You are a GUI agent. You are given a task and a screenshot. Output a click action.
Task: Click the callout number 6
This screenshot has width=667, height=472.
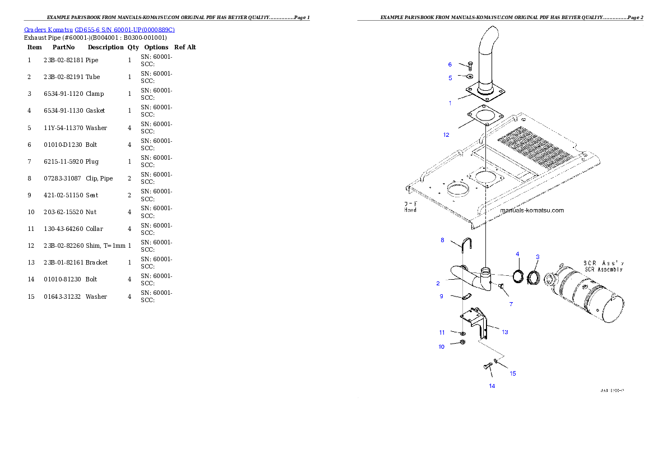pos(450,64)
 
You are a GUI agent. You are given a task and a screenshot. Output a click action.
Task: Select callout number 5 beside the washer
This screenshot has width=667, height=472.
pos(450,78)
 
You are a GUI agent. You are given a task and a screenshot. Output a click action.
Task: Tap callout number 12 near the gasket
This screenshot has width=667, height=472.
pos(446,135)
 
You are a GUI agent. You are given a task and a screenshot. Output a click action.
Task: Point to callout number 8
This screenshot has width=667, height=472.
pos(442,240)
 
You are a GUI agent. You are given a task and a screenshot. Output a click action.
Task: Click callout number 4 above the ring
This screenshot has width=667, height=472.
pos(517,254)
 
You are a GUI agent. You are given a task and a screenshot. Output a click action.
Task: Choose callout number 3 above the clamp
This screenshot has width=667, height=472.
pos(538,257)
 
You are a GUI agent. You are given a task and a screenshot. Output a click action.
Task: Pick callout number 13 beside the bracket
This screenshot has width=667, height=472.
pos(505,332)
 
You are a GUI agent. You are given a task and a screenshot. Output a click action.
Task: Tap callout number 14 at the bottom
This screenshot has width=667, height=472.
pos(492,386)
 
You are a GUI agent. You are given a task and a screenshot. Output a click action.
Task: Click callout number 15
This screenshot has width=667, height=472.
pos(512,373)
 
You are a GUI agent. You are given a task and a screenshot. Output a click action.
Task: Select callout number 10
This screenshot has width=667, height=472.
pos(441,347)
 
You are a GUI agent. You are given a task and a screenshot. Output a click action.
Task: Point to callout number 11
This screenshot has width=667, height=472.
pos(442,332)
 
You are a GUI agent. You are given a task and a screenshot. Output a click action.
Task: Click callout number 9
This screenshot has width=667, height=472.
pos(441,296)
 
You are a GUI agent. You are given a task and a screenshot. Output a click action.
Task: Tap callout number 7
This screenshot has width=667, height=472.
pos(511,304)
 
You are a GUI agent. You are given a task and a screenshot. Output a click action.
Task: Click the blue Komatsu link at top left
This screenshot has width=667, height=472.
pos(100,30)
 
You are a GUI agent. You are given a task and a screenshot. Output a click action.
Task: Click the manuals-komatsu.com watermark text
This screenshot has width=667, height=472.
pos(531,210)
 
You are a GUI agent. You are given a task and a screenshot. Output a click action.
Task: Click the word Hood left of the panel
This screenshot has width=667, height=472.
pos(411,210)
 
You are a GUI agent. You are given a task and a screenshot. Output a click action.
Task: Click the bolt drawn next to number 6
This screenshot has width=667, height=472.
pos(470,65)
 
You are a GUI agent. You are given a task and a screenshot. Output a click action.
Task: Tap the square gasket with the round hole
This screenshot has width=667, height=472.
pos(485,118)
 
